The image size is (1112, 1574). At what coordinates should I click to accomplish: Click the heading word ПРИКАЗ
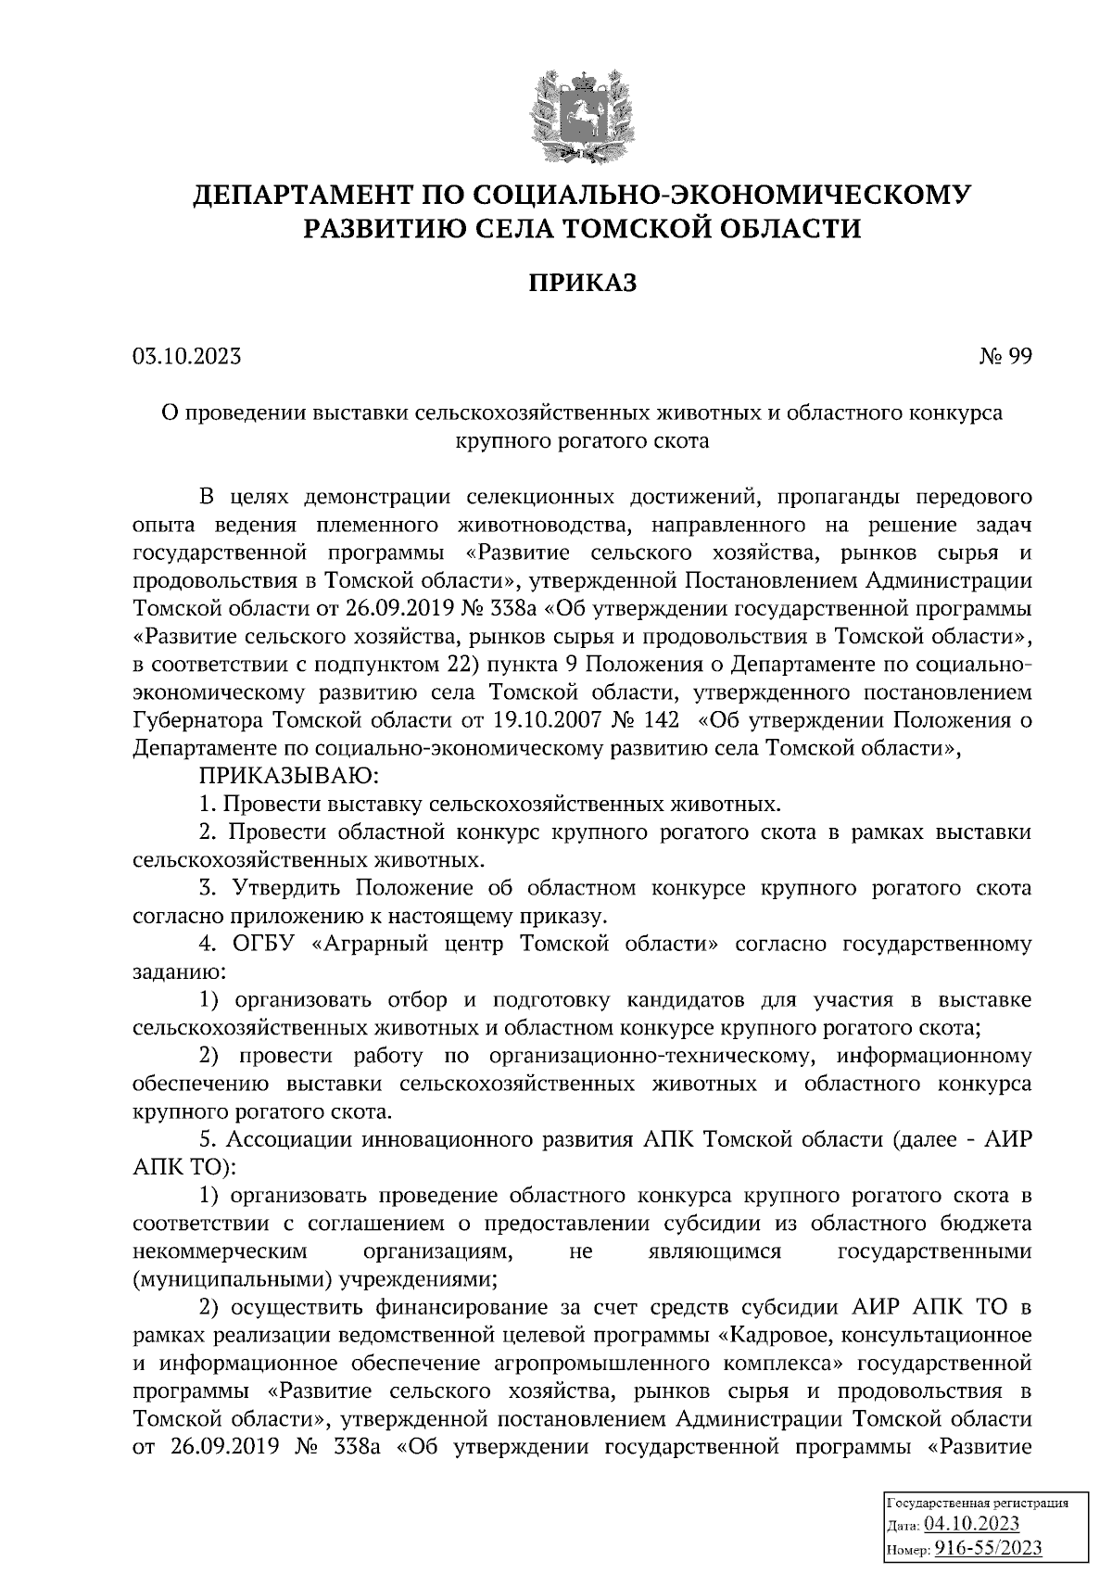tap(583, 283)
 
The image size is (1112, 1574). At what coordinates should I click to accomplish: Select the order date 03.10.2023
tap(187, 356)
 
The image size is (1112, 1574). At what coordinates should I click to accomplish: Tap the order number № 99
tap(1005, 356)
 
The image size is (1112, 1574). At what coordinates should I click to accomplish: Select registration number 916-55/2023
tap(987, 1548)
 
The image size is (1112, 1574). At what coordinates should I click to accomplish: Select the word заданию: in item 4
tap(178, 972)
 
